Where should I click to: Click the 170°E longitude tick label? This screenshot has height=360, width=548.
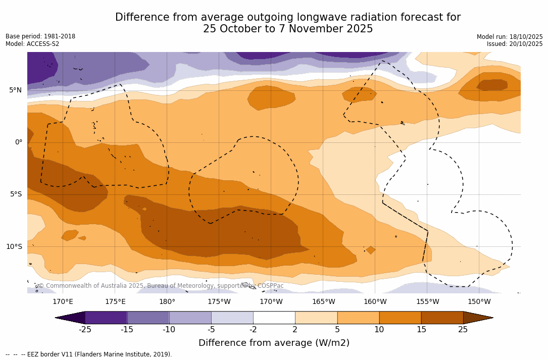(x=63, y=302)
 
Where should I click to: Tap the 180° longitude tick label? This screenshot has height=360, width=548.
(x=167, y=302)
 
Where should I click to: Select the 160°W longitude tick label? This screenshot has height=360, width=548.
(x=375, y=302)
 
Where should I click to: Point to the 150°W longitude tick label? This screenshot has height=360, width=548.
(x=479, y=302)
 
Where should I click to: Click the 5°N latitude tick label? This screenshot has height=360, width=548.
(x=15, y=90)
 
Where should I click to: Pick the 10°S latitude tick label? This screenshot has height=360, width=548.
(x=14, y=247)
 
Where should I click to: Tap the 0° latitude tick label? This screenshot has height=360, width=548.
(x=19, y=142)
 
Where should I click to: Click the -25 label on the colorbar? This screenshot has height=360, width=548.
(x=85, y=330)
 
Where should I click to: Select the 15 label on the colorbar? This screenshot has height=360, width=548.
(x=421, y=330)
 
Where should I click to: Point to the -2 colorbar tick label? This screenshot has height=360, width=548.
(x=253, y=330)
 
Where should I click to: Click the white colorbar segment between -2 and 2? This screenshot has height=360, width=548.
(x=274, y=318)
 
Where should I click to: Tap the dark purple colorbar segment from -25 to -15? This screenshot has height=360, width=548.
(x=106, y=318)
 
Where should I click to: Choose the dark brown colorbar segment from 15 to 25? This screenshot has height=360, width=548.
(x=442, y=318)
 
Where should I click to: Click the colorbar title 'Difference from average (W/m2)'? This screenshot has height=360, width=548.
(x=274, y=343)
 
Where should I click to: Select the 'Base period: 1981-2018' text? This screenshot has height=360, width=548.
(x=40, y=36)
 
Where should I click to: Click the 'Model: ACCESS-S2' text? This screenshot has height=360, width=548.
(x=32, y=44)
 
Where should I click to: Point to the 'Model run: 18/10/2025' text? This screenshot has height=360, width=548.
(x=510, y=37)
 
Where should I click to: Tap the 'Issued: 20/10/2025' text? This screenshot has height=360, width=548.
(x=515, y=44)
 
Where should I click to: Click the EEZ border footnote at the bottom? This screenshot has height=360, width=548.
(x=89, y=354)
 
